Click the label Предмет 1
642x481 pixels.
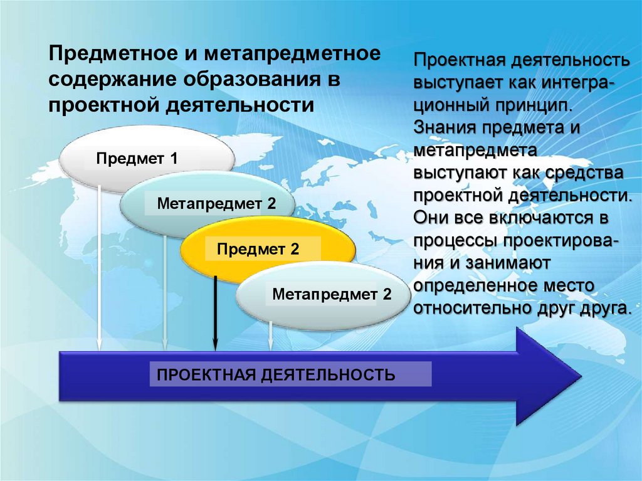tap(137, 159)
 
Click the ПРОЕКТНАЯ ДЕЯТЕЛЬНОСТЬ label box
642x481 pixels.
tap(276, 375)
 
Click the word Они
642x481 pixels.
tap(433, 218)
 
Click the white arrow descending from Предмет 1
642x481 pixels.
tap(99, 263)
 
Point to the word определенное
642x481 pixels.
tap(473, 286)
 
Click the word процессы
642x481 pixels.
tap(453, 240)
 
